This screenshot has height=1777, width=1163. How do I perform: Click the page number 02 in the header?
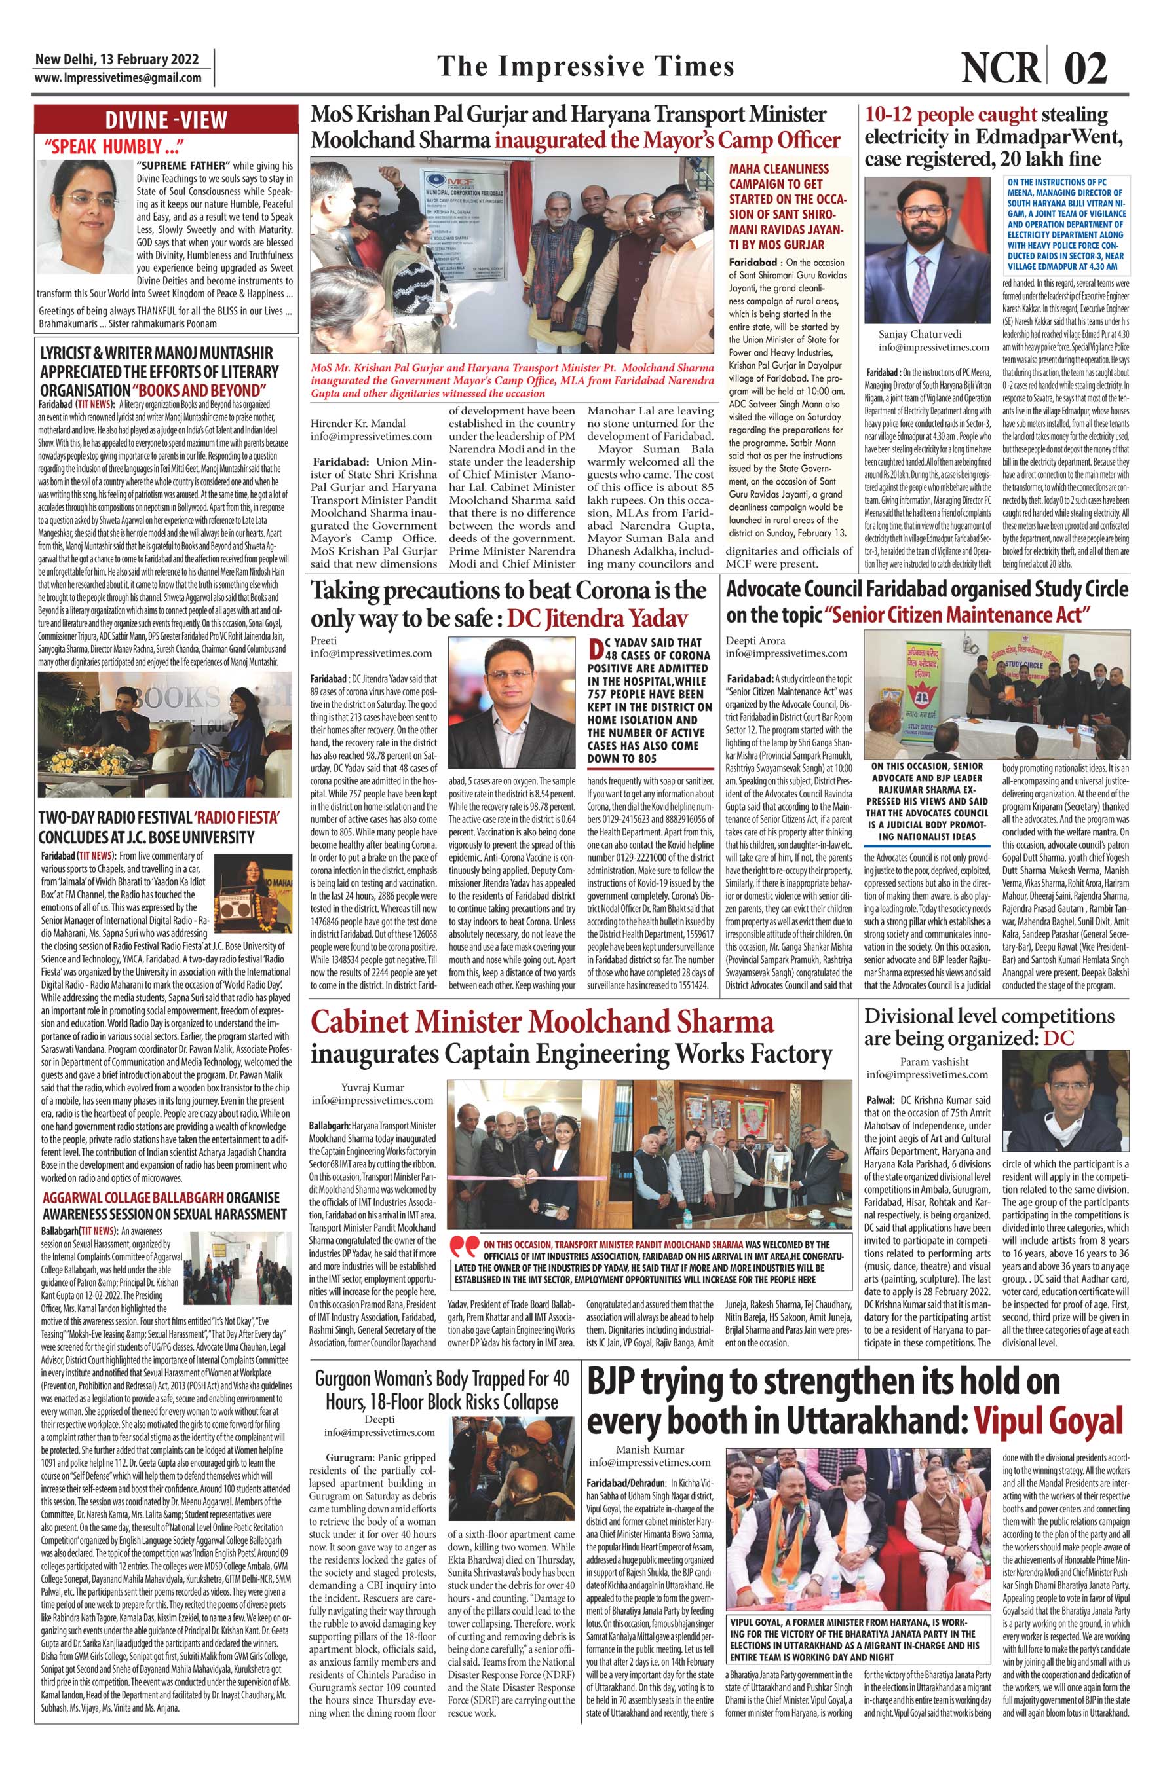(x=1087, y=69)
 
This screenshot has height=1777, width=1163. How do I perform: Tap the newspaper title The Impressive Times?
(x=585, y=67)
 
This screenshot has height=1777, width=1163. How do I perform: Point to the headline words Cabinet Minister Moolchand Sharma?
(x=543, y=1022)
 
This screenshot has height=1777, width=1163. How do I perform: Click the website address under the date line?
(x=117, y=78)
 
